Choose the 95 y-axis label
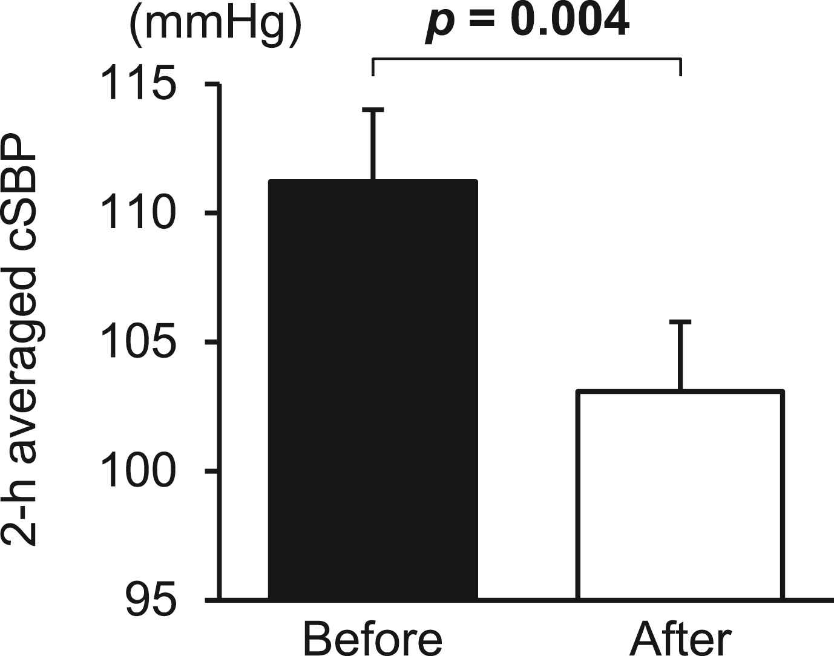point(151,600)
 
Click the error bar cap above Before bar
point(373,110)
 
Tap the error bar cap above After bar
point(681,321)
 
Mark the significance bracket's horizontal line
point(527,59)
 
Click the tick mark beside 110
point(212,213)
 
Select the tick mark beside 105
point(212,343)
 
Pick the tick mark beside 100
point(212,471)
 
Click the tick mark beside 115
point(212,85)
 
